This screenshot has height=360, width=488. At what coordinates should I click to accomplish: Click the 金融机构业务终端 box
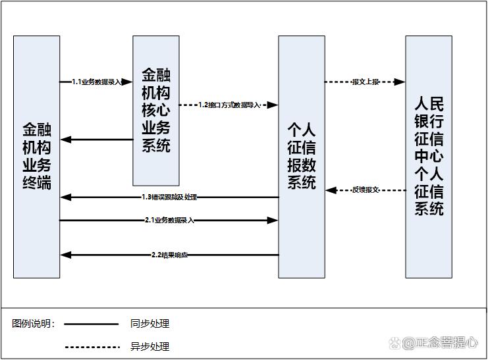pyautogui.click(x=36, y=156)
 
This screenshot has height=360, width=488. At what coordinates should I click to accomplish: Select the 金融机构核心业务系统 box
pyautogui.click(x=155, y=110)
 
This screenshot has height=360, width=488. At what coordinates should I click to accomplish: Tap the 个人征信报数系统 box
pyautogui.click(x=301, y=156)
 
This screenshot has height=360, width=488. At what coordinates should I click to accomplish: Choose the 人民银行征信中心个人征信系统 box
pyautogui.click(x=428, y=156)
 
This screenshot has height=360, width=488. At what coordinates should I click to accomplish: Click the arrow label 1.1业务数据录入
pyautogui.click(x=96, y=82)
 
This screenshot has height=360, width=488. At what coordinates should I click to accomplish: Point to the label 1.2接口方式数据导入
pyautogui.click(x=230, y=105)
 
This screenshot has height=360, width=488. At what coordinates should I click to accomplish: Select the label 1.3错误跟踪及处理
pyautogui.click(x=169, y=197)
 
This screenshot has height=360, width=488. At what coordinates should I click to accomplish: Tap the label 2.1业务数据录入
pyautogui.click(x=169, y=220)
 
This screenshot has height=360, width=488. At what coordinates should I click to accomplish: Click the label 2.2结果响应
pyautogui.click(x=169, y=255)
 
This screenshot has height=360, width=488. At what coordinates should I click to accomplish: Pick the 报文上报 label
pyautogui.click(x=365, y=82)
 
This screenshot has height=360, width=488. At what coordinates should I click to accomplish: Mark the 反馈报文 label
pyautogui.click(x=366, y=190)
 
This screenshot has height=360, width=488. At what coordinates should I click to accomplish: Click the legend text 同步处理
pyautogui.click(x=149, y=324)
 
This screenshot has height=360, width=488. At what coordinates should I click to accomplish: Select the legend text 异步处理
pyautogui.click(x=149, y=347)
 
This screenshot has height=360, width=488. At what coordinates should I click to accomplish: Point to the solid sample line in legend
pyautogui.click(x=92, y=324)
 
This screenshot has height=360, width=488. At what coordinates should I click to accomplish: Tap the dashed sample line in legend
pyautogui.click(x=92, y=347)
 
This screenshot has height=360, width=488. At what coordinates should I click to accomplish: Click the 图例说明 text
pyautogui.click(x=33, y=324)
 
